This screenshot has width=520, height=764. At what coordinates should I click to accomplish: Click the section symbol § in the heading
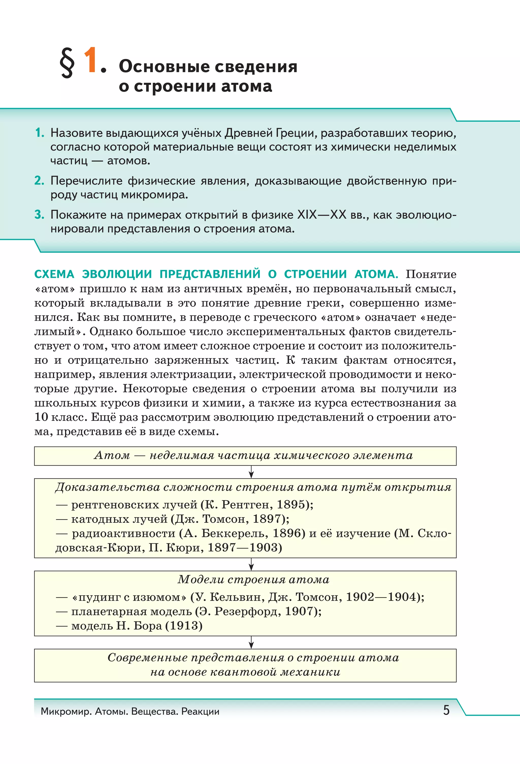point(67,62)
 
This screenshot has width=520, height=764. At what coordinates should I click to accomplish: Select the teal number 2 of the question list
point(39,181)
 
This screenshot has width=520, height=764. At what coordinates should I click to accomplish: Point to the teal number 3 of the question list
point(39,215)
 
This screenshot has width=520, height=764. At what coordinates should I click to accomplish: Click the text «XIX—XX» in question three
point(321,215)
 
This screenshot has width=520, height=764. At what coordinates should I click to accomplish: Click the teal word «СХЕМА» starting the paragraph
point(54,274)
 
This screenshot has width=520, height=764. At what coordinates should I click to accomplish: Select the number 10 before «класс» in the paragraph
point(41,417)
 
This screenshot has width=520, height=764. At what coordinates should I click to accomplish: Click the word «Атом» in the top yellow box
point(112,455)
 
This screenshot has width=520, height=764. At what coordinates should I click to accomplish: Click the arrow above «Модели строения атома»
point(251,564)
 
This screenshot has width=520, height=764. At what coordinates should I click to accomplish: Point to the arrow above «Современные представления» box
point(251,642)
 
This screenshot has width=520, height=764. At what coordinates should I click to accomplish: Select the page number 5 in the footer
point(446,710)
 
